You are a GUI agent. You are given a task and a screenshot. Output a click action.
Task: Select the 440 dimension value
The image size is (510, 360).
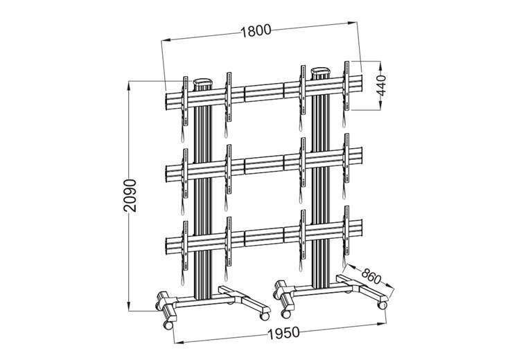coord(380,84)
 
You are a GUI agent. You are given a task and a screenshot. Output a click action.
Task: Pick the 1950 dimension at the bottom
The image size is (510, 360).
coord(282,332)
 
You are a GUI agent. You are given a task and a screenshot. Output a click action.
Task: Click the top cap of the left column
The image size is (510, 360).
coord(202,82)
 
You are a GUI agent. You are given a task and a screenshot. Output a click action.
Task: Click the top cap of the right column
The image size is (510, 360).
coord(321,70)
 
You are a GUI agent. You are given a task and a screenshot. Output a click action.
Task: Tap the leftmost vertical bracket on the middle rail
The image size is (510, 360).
coord(184,170)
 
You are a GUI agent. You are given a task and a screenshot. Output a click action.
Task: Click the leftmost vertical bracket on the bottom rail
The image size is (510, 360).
coord(184,242)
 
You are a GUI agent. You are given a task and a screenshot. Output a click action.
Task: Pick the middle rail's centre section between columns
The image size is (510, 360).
coord(263,164)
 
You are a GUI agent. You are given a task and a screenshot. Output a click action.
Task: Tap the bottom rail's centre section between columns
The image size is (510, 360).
coord(263,237)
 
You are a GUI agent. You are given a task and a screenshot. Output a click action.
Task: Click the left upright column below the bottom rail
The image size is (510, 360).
coord(202,277)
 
